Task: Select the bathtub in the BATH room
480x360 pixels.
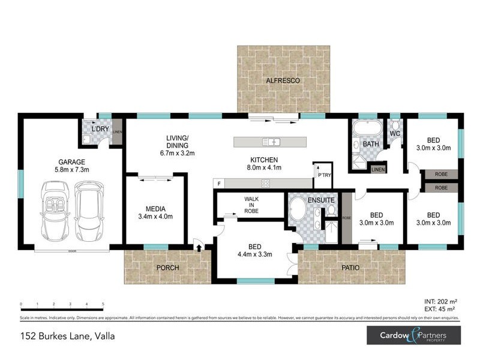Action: (x=365, y=128)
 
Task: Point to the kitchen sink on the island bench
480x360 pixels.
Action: (x=271, y=142)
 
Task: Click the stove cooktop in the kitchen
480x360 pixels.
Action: (x=265, y=183)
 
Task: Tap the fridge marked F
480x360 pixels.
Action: (x=220, y=183)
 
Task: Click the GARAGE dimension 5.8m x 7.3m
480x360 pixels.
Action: (x=71, y=170)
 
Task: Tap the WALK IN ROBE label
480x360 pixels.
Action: (x=251, y=205)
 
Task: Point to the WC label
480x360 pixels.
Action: (x=394, y=133)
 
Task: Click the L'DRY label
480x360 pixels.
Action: (x=99, y=129)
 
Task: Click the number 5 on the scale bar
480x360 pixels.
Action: (x=104, y=304)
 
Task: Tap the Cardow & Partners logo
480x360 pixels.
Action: (x=413, y=335)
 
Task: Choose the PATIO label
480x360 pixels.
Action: (x=351, y=268)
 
